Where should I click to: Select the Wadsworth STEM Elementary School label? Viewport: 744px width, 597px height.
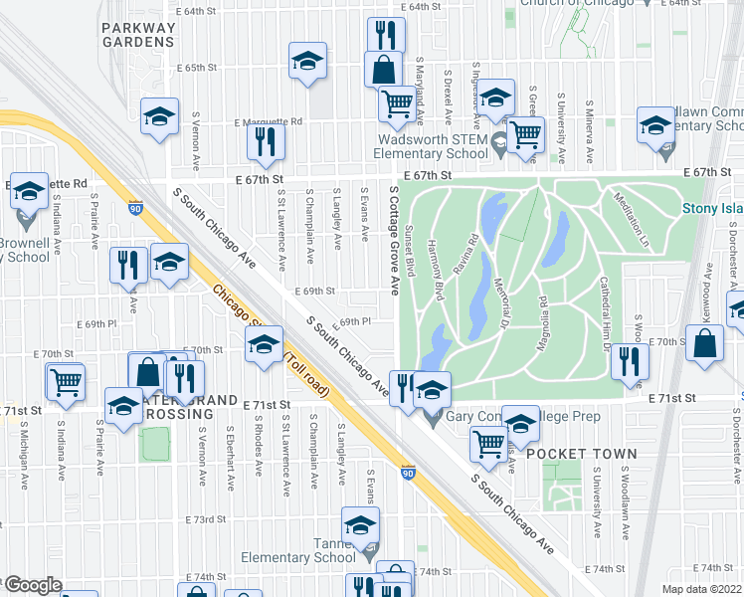click(x=430, y=147)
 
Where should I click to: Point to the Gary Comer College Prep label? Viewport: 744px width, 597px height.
click(x=523, y=417)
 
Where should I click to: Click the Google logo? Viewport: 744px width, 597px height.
click(x=32, y=586)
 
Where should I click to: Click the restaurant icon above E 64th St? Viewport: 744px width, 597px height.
click(x=385, y=36)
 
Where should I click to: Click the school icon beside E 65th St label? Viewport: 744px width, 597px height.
click(x=307, y=61)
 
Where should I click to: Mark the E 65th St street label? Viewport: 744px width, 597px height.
click(x=196, y=68)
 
